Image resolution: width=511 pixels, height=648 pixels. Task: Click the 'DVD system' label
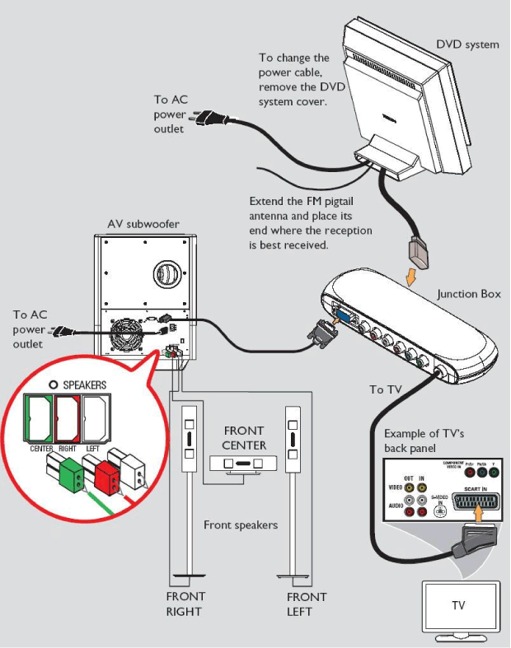pos(467,44)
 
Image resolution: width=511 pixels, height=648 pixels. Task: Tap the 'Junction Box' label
pos(469,294)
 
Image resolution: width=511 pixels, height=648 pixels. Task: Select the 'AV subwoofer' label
pos(143,224)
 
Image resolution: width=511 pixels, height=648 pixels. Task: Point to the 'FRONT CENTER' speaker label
pos(244,438)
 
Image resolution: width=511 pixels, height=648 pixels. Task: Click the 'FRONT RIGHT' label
pos(185,604)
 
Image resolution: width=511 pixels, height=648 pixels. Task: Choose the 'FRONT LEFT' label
pos(307,604)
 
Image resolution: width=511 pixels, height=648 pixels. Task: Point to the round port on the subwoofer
pos(166,273)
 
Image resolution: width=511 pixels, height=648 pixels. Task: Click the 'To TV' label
pos(387,389)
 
